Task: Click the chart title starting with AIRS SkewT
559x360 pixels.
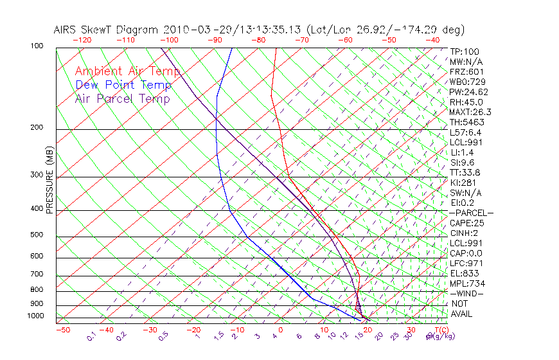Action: click(259, 30)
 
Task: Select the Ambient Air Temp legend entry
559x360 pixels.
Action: click(127, 71)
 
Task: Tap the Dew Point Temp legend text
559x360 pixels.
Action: click(123, 85)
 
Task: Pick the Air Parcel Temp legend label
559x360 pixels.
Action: click(122, 98)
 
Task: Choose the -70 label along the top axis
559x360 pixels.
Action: click(301, 40)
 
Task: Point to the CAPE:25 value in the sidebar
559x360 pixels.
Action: click(466, 223)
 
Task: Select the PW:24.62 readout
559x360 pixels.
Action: click(469, 92)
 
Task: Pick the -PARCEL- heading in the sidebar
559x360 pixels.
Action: click(471, 213)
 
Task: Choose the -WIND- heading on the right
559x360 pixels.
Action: click(466, 293)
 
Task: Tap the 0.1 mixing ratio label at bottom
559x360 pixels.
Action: click(91, 337)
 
